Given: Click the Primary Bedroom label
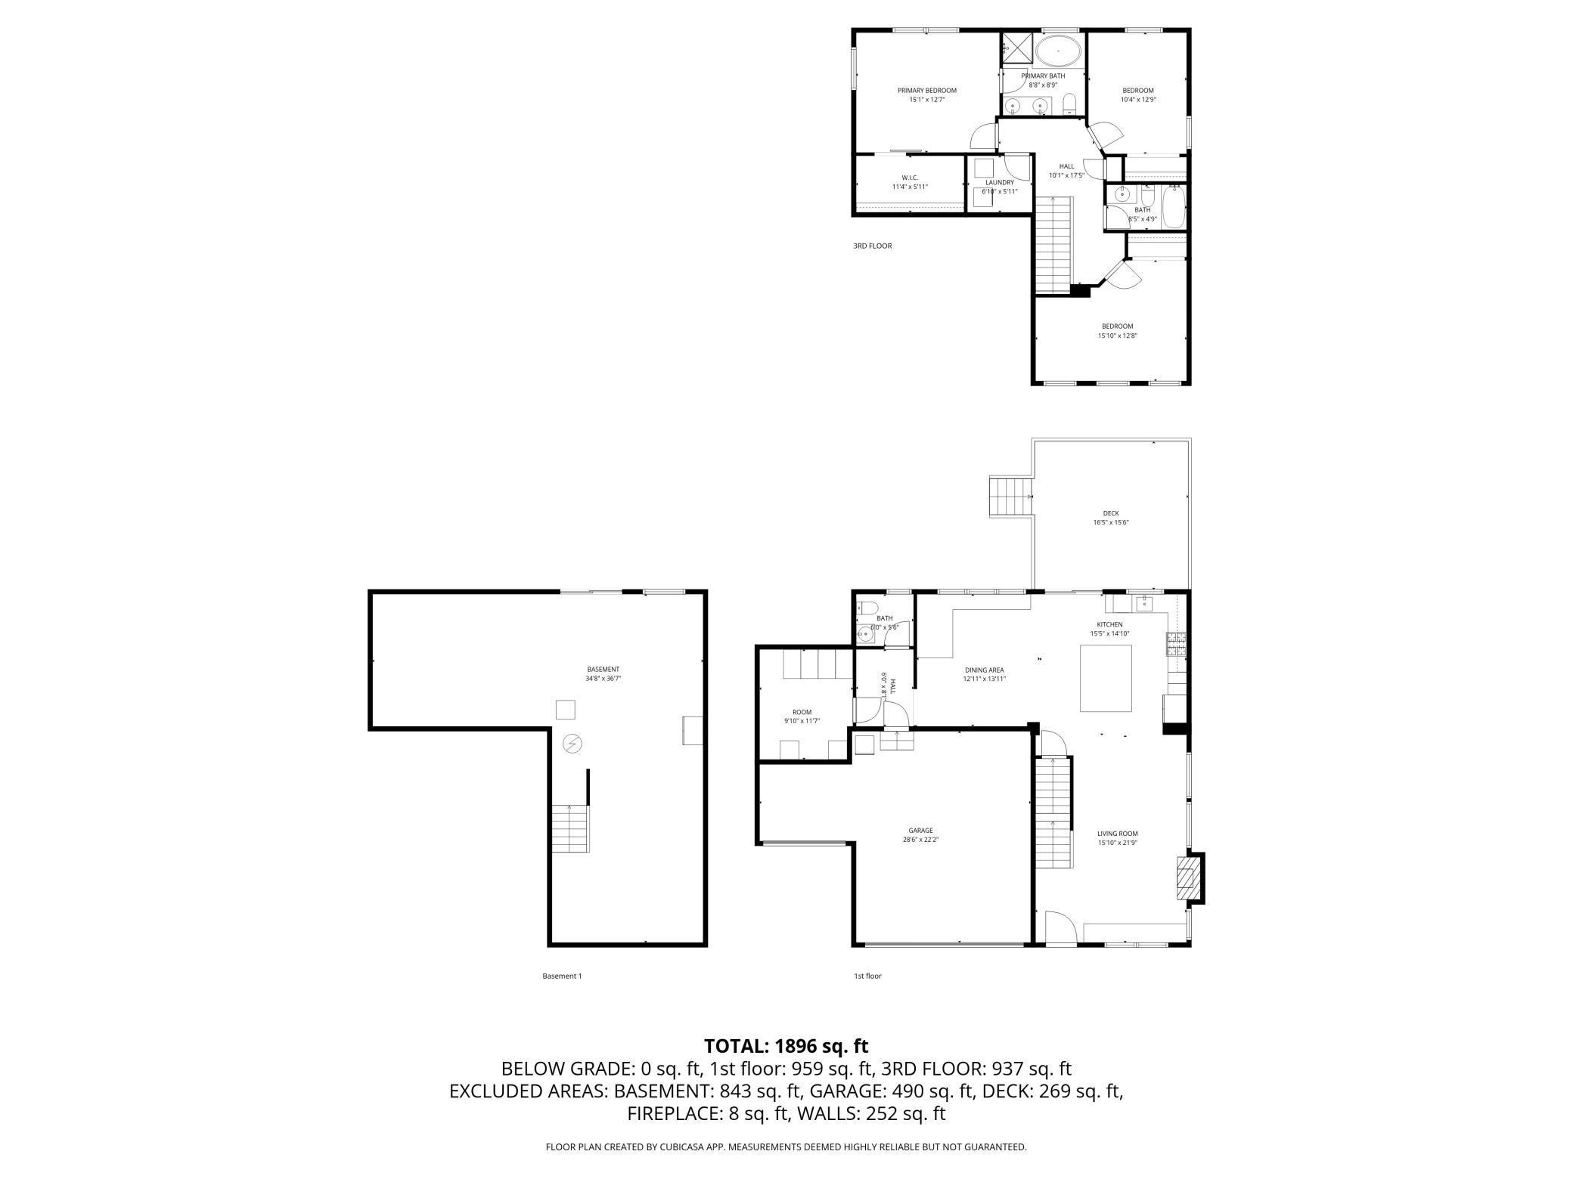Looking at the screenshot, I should click(926, 91).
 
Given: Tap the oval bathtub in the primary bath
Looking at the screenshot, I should click(1057, 52).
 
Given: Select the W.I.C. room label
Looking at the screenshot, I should click(909, 178).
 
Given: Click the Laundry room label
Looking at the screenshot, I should click(999, 182).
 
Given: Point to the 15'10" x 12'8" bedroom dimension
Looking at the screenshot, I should click(1117, 336).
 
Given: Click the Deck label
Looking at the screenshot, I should click(1110, 513).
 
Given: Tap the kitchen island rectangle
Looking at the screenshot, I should click(1105, 678).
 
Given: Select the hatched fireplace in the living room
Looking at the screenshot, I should click(1188, 877).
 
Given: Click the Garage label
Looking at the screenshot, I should click(920, 830).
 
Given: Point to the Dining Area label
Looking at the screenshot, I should click(984, 670).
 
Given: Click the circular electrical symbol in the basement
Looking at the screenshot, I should click(572, 744).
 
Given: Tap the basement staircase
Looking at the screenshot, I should click(569, 829).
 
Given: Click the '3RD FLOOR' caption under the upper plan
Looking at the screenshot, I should click(872, 246).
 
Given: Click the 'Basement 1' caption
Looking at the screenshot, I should click(562, 976).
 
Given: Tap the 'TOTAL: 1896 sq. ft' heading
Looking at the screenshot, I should click(786, 1046).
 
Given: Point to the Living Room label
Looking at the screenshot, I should click(1117, 834).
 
